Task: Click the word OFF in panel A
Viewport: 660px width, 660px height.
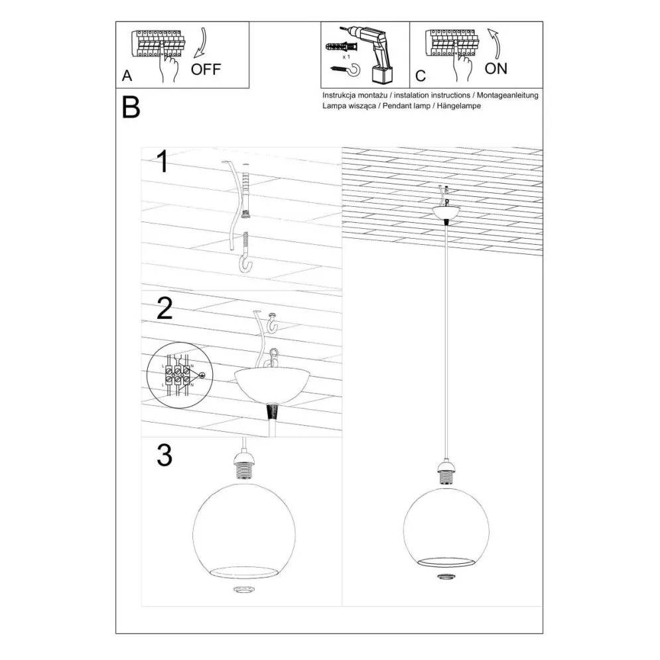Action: click(x=206, y=69)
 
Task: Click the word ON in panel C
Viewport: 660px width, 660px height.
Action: click(x=496, y=68)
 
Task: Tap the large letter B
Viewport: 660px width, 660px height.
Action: click(x=131, y=107)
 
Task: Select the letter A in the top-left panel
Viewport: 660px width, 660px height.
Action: click(x=127, y=76)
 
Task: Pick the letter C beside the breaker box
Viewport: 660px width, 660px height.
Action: click(x=420, y=76)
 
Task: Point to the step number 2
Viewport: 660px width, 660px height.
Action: click(x=165, y=309)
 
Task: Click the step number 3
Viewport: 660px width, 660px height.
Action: click(x=165, y=456)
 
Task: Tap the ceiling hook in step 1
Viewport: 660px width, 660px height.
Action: click(x=245, y=255)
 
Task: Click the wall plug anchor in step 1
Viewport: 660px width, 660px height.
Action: click(x=246, y=192)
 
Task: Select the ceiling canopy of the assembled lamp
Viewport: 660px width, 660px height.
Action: click(x=446, y=212)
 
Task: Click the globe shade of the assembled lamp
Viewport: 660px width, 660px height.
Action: click(x=446, y=523)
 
